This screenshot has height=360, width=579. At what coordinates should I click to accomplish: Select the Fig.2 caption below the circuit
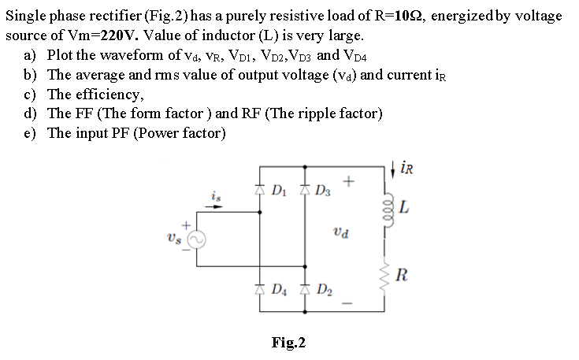coord(288,342)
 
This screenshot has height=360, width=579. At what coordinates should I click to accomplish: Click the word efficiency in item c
coord(111,95)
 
